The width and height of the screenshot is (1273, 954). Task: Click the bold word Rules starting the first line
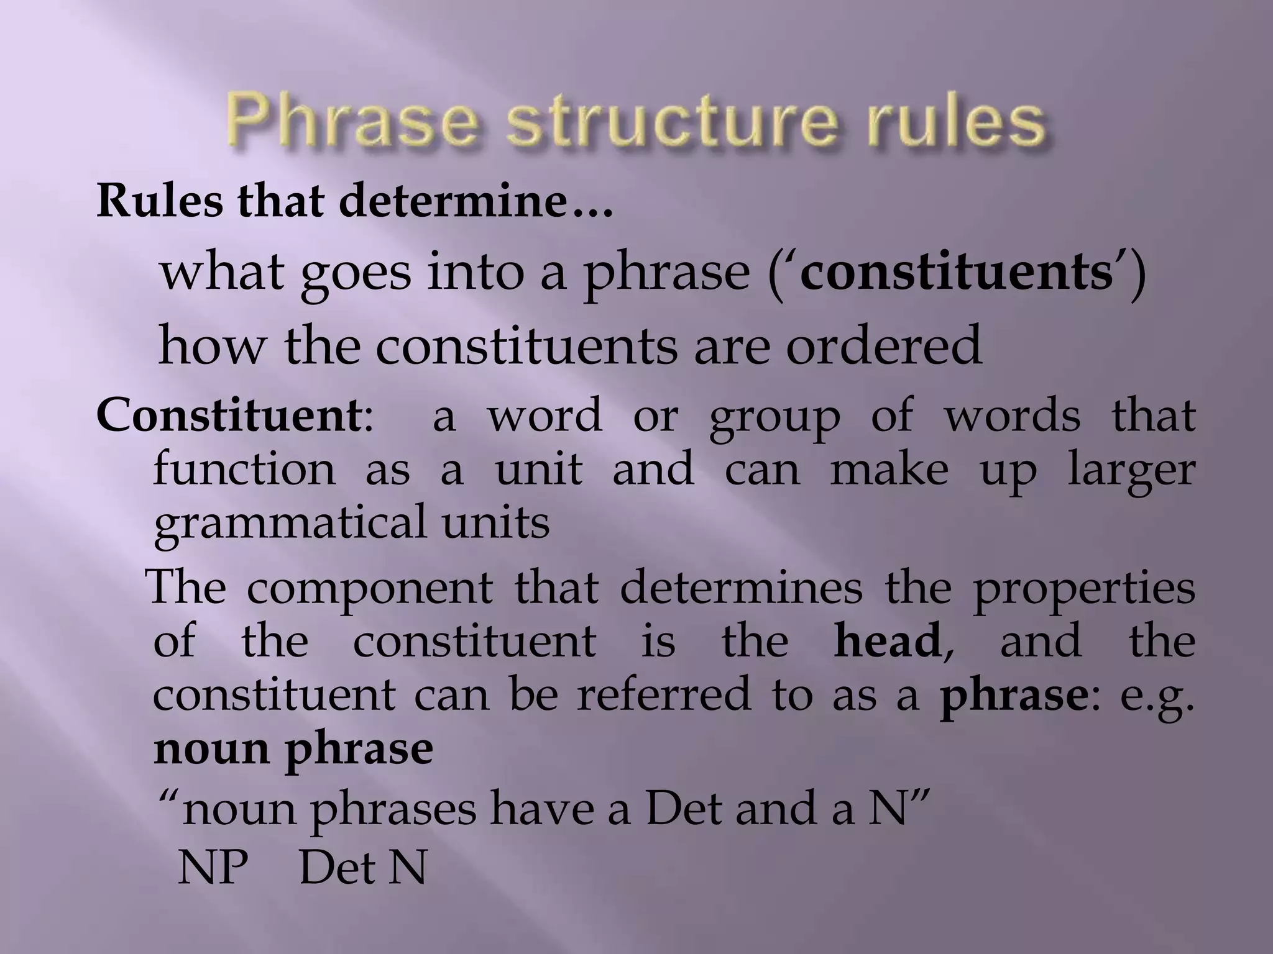coord(160,202)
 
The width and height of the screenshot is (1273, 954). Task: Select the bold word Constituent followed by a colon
coord(227,417)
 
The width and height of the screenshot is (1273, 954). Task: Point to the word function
coord(244,470)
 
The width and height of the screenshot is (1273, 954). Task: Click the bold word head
coord(887,641)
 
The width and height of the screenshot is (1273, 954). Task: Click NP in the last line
coord(213,867)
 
